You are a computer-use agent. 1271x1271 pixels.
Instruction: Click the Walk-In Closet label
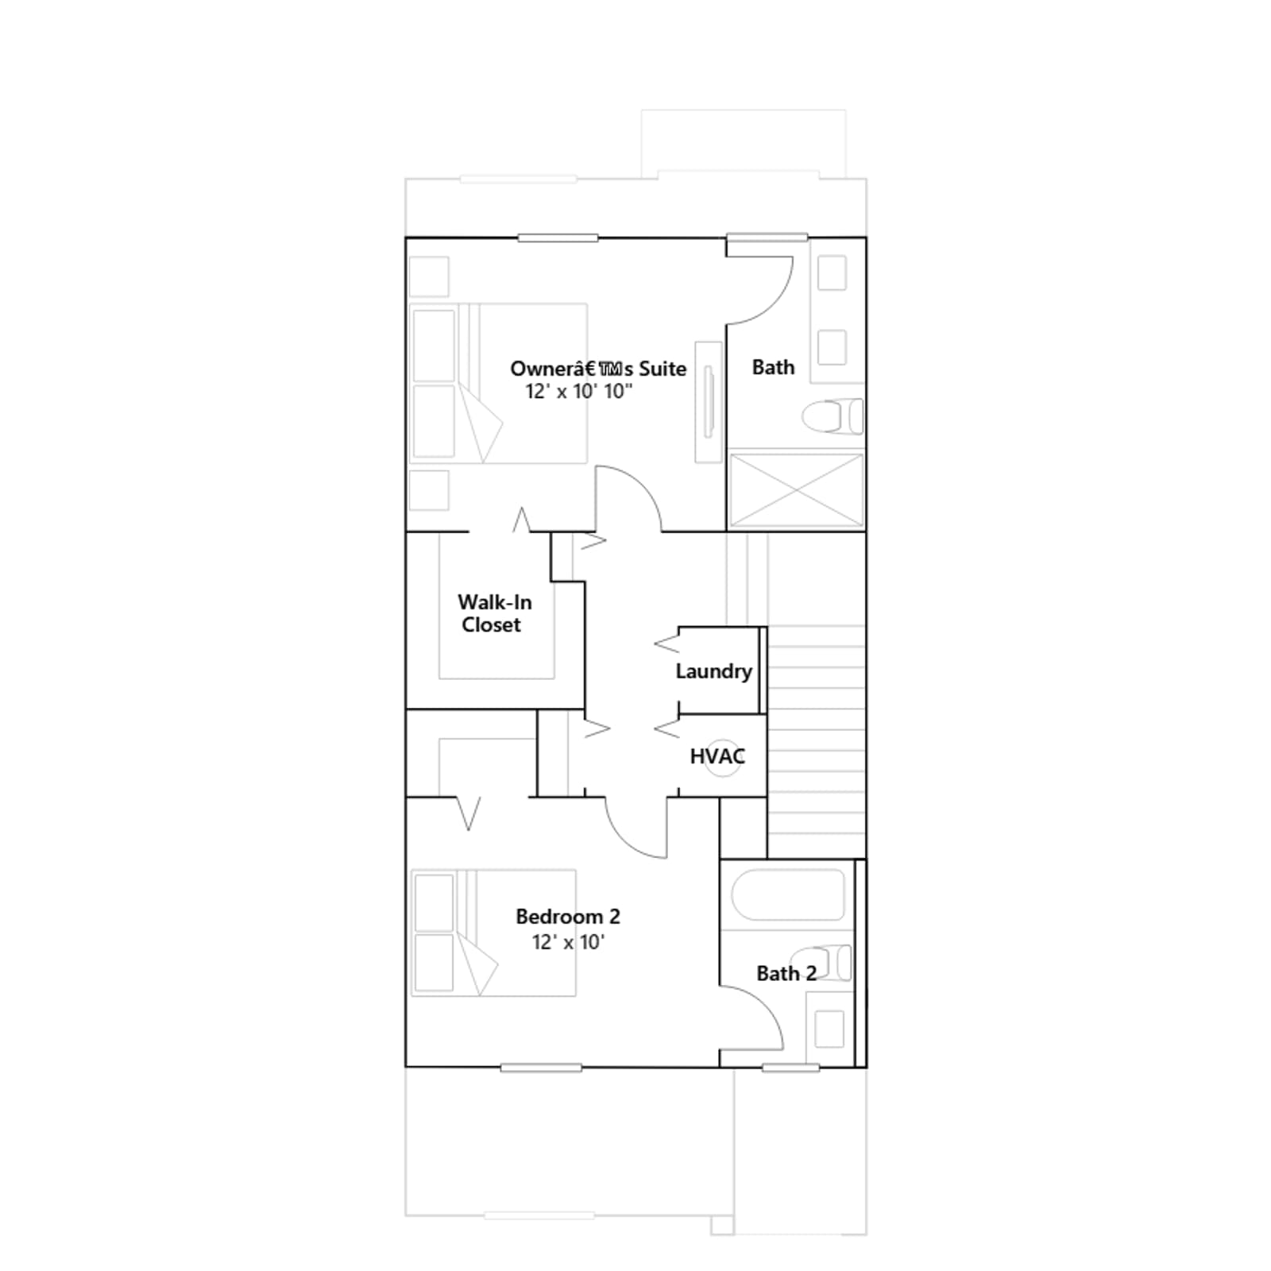494,613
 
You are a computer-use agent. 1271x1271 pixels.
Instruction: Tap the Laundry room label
713,671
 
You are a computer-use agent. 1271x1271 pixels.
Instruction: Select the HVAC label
717,756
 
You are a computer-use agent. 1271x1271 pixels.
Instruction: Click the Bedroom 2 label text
568,917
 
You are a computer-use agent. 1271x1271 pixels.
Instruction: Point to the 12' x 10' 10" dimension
579,391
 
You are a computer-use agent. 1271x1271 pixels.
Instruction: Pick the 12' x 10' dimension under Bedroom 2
568,942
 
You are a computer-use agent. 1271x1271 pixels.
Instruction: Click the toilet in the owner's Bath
832,416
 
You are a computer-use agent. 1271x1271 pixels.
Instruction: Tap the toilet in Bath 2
821,963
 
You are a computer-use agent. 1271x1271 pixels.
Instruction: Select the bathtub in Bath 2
787,895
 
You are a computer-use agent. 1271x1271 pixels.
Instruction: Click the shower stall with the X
796,490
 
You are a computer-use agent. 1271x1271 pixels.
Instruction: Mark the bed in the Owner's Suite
499,383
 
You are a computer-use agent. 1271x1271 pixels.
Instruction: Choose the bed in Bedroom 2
493,933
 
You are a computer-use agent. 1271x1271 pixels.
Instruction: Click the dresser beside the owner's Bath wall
709,402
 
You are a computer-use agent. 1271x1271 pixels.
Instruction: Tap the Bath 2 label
786,974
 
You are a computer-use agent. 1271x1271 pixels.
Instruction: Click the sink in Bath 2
829,1029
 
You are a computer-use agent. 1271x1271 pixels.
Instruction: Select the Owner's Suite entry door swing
628,497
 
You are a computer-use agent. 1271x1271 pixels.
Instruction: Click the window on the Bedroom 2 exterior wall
541,1068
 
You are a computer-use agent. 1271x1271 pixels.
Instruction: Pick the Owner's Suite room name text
598,369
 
